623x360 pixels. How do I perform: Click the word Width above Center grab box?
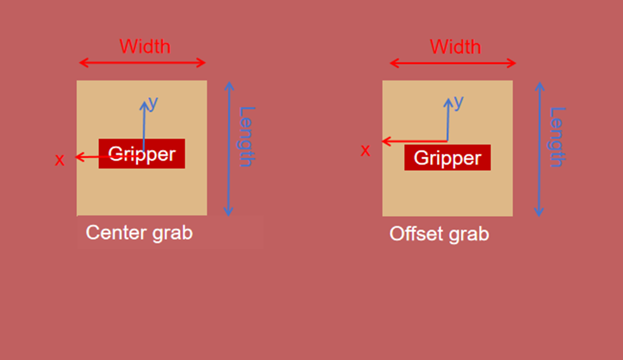pyautogui.click(x=145, y=47)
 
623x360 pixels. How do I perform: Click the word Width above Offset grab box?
pyautogui.click(x=455, y=47)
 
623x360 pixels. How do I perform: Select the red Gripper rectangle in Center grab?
pyautogui.click(x=142, y=154)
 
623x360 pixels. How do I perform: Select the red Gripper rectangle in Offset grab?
pyautogui.click(x=448, y=158)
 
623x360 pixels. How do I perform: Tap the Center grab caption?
pyautogui.click(x=139, y=233)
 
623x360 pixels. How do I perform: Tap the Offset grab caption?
pyautogui.click(x=439, y=233)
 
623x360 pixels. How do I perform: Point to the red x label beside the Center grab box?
pyautogui.click(x=60, y=160)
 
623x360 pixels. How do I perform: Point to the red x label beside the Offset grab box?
pyautogui.click(x=365, y=150)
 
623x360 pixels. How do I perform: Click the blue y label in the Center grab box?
pyautogui.click(x=154, y=103)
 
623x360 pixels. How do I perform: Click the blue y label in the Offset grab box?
pyautogui.click(x=459, y=103)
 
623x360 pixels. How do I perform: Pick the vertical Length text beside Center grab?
pyautogui.click(x=246, y=136)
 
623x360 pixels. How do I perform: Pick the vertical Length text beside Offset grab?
pyautogui.click(x=557, y=137)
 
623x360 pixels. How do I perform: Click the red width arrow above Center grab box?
pyautogui.click(x=143, y=63)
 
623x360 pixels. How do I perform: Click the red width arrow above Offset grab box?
pyautogui.click(x=453, y=63)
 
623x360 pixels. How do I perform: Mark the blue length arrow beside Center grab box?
pyautogui.click(x=229, y=149)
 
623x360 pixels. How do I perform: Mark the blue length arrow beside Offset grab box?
pyautogui.click(x=539, y=149)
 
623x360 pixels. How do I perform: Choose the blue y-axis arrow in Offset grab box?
pyautogui.click(x=448, y=120)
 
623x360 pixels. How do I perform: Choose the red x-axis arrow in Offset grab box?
pyautogui.click(x=415, y=141)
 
